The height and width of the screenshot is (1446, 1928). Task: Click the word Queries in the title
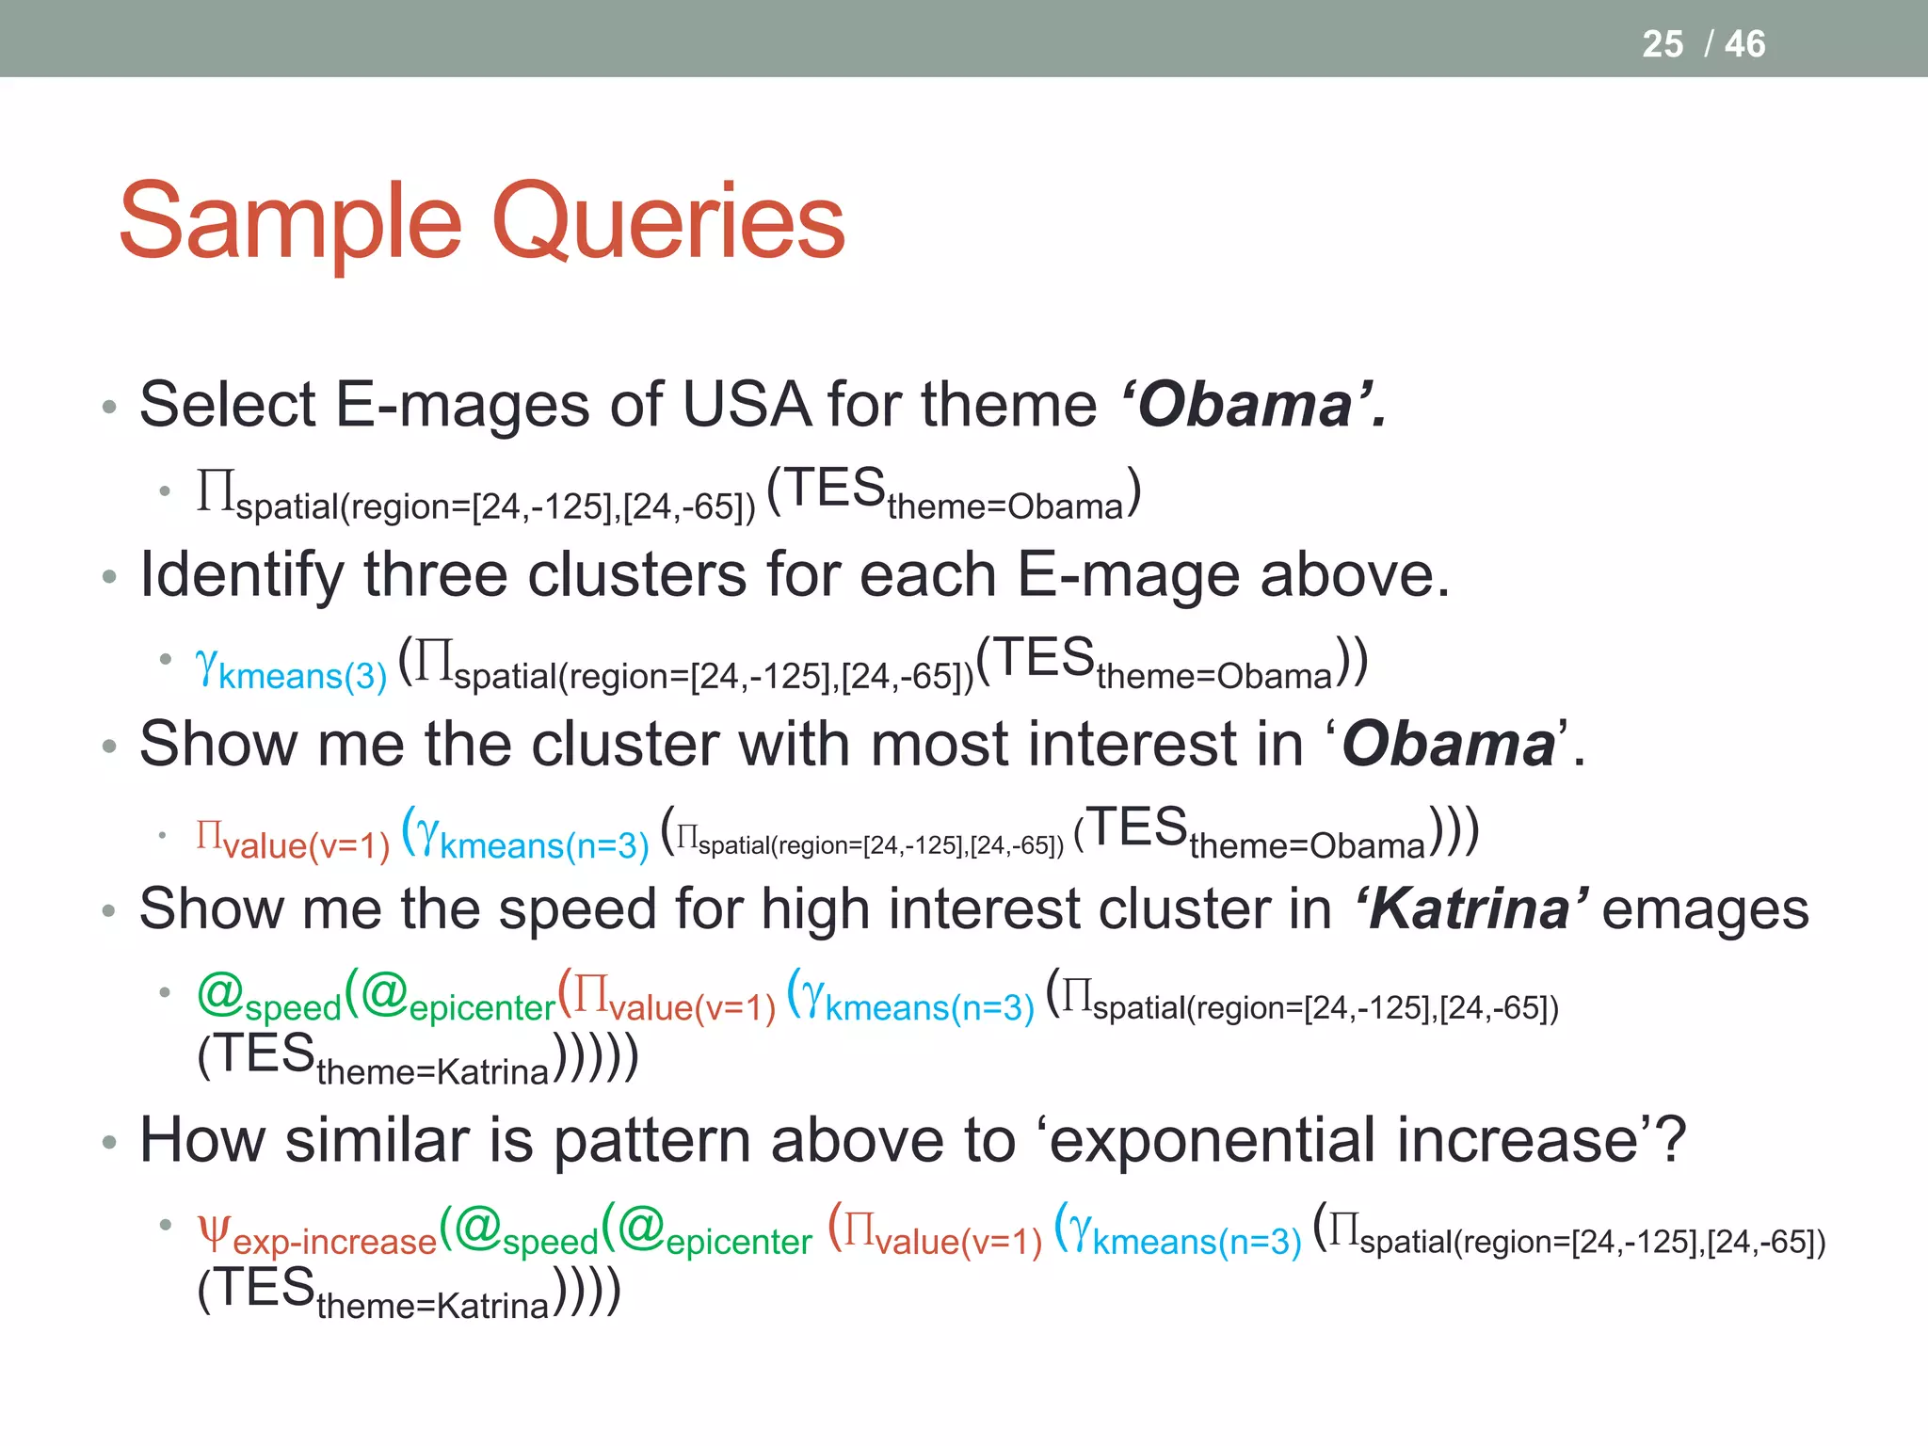coord(667,222)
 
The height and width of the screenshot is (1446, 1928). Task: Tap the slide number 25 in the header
coord(1662,44)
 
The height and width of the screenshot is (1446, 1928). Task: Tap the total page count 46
coord(1744,44)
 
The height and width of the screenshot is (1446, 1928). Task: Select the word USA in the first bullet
coord(746,405)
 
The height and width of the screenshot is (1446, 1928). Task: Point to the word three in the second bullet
coord(435,574)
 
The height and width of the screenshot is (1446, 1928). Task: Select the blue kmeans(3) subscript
coord(302,676)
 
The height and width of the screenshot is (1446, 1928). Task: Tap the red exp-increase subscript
coord(334,1242)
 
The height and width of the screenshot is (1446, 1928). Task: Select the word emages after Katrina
coord(1704,909)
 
